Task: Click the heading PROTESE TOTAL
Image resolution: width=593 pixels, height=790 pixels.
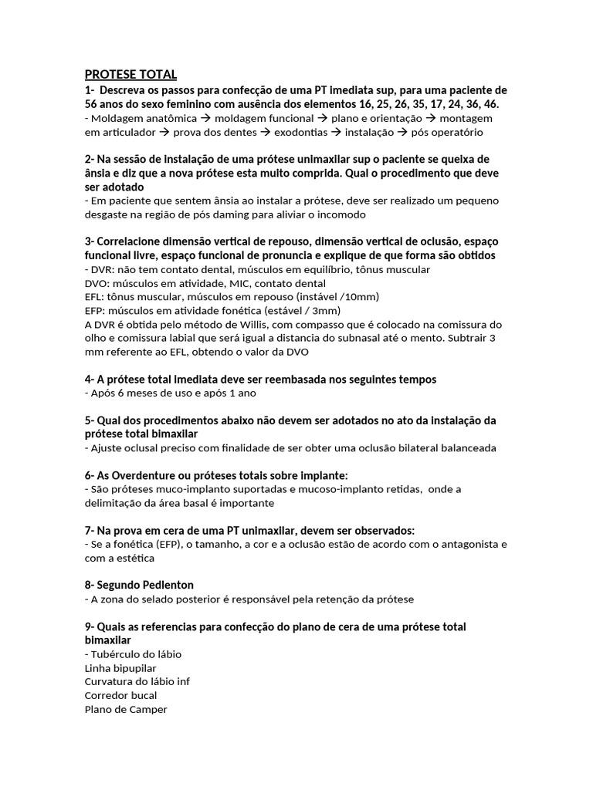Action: (130, 74)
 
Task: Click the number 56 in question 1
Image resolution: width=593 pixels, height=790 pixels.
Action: (91, 103)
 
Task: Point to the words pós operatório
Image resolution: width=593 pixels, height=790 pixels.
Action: (445, 133)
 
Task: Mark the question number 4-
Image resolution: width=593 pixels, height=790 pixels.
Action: (90, 380)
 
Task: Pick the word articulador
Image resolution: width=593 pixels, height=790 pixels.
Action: (125, 133)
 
